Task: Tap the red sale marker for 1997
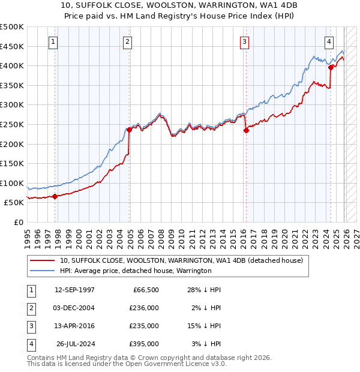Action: pos(55,196)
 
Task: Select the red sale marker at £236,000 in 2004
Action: pos(129,130)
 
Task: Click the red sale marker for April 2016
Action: pos(245,130)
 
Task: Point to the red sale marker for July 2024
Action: pos(331,68)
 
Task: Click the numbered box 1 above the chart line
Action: pos(54,42)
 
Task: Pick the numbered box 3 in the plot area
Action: pos(245,42)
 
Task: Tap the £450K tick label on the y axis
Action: pos(12,46)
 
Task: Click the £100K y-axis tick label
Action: pos(12,183)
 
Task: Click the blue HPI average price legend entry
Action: pos(135,271)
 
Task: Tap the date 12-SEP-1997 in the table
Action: pos(74,290)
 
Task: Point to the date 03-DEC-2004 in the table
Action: pos(74,308)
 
